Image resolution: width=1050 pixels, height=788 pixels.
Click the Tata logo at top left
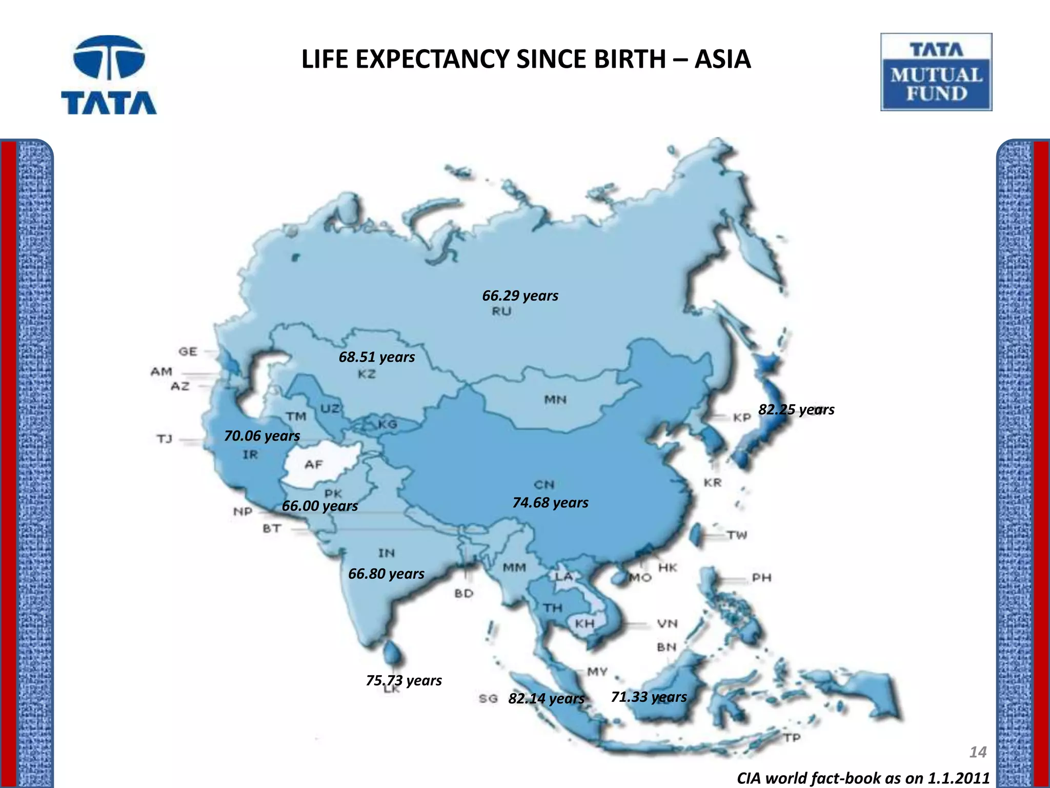pos(109,75)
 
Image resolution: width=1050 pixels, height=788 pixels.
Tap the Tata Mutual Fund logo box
pos(936,72)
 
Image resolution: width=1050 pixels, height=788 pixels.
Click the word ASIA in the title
pos(722,60)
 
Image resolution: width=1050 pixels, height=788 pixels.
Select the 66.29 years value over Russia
pos(520,296)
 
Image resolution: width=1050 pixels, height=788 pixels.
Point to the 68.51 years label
pos(377,357)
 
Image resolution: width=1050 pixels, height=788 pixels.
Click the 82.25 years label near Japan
pos(796,409)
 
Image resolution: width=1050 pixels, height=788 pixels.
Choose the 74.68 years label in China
pos(550,503)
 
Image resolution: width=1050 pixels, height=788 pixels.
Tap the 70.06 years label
pos(262,436)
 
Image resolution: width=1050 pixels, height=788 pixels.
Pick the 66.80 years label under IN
pos(386,574)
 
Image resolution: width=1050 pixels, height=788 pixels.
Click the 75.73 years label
pos(403,680)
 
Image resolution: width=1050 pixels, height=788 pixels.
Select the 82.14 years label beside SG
pos(546,699)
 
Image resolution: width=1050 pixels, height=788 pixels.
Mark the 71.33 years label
pos(649,697)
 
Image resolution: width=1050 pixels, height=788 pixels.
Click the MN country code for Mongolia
pos(555,399)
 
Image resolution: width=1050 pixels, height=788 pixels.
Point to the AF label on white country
pos(313,465)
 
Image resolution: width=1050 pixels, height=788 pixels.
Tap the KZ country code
pos(367,374)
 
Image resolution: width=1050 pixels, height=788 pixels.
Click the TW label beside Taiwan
pos(737,536)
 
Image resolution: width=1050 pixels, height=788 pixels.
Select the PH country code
pos(761,578)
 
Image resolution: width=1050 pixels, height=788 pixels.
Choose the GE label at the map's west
pos(188,351)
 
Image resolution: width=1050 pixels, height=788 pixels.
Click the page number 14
pos(978,752)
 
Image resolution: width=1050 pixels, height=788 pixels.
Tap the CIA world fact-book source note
pos(863,778)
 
